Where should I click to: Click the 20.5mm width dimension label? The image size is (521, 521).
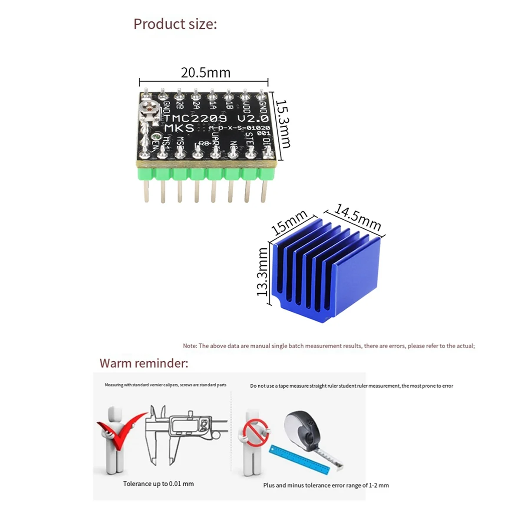(205, 73)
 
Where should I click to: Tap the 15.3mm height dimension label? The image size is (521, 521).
(284, 124)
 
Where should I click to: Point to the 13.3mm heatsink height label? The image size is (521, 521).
(263, 272)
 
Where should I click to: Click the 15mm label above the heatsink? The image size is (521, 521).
(290, 222)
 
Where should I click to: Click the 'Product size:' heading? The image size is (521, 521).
(175, 24)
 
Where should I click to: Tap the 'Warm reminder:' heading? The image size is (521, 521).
(144, 363)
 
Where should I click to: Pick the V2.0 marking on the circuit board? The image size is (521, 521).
(253, 118)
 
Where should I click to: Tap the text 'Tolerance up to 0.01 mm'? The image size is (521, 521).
(158, 484)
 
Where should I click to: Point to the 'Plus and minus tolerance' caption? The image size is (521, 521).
(326, 485)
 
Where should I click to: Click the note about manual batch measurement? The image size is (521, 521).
(329, 346)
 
